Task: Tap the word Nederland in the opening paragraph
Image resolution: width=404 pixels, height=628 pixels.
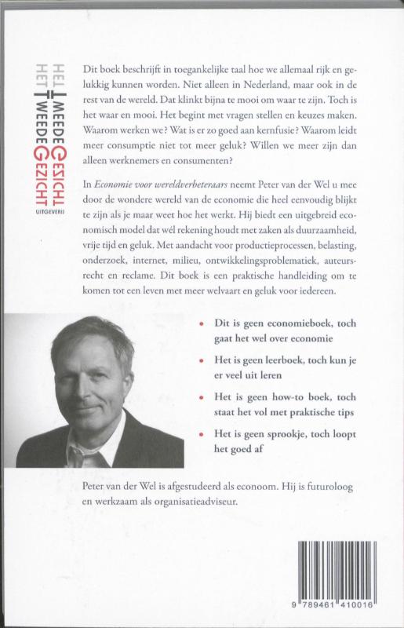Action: point(254,87)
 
